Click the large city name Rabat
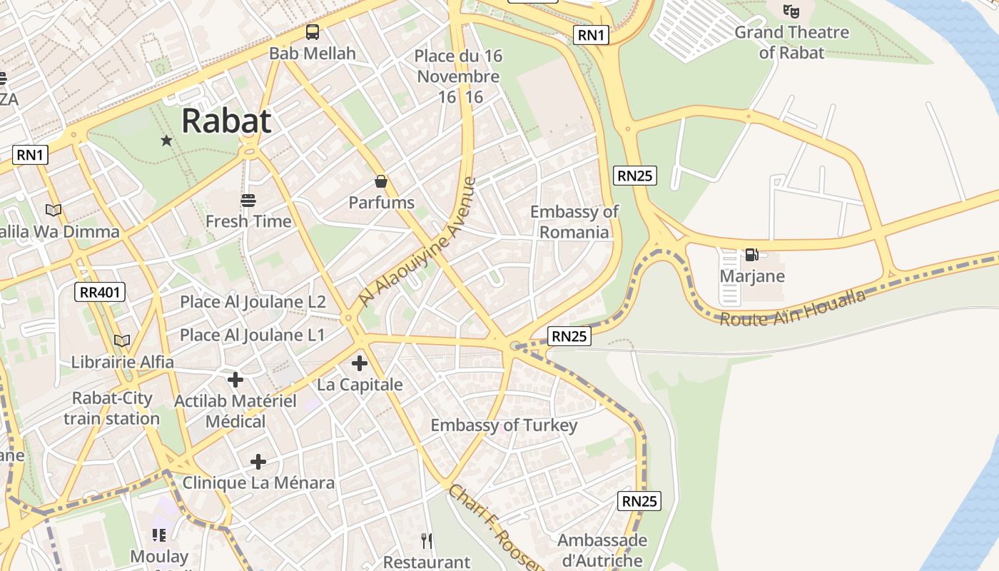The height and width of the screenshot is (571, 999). tap(226, 121)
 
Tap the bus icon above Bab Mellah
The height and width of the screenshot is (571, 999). tap(313, 32)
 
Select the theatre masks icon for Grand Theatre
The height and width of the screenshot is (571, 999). tap(791, 11)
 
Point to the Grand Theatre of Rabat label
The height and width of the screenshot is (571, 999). tap(791, 42)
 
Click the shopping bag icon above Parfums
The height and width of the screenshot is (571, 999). tap(381, 181)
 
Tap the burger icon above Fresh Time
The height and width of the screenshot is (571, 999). tap(248, 201)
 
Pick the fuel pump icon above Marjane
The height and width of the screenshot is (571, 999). tap(751, 255)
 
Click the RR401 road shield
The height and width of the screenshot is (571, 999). tap(100, 291)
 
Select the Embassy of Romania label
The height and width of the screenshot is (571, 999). tap(574, 221)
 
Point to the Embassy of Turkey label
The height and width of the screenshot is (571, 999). tap(504, 425)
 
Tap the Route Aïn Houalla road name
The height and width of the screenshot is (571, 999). tap(792, 308)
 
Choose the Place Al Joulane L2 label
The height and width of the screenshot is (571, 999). tap(253, 302)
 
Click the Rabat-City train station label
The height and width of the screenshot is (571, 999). tap(112, 408)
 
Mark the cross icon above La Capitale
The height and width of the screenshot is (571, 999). tap(360, 363)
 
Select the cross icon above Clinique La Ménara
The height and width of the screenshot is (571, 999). tap(258, 462)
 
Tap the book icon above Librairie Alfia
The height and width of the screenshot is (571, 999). tap(122, 341)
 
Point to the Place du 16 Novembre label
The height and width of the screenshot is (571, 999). tap(458, 66)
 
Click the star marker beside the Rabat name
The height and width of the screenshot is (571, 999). tap(166, 141)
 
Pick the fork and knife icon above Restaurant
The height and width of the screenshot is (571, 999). tap(427, 540)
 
